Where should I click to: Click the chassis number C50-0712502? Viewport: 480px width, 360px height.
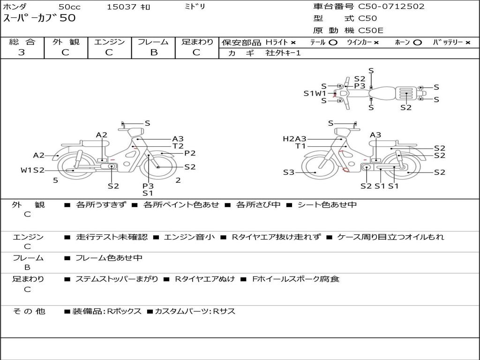pyautogui.click(x=391, y=7)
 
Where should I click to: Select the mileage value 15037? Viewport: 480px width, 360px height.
pyautogui.click(x=121, y=7)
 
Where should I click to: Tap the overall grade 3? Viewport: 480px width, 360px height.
pyautogui.click(x=22, y=52)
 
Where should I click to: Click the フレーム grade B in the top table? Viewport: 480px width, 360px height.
pyautogui.click(x=154, y=52)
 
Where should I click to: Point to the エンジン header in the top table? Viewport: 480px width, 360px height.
pyautogui.click(x=109, y=42)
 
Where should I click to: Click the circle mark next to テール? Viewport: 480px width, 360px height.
pyautogui.click(x=333, y=43)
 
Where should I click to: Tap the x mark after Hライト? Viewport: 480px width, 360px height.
pyautogui.click(x=293, y=43)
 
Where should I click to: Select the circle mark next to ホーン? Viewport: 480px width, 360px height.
pyautogui.click(x=417, y=43)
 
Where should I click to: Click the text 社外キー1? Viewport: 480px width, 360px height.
pyautogui.click(x=283, y=53)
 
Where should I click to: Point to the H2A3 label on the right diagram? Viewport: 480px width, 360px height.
pyautogui.click(x=294, y=139)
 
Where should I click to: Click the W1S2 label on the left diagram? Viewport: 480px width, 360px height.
pyautogui.click(x=32, y=170)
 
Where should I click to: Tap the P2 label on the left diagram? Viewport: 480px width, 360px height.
pyautogui.click(x=190, y=153)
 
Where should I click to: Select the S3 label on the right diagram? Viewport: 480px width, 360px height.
pyautogui.click(x=289, y=172)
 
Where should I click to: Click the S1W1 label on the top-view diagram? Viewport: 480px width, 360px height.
pyautogui.click(x=315, y=93)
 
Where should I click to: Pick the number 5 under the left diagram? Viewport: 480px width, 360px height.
pyautogui.click(x=55, y=180)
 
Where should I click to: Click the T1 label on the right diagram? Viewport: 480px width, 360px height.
pyautogui.click(x=300, y=146)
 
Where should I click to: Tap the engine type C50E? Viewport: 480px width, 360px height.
pyautogui.click(x=371, y=30)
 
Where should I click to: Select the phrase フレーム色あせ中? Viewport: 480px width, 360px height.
pyautogui.click(x=109, y=258)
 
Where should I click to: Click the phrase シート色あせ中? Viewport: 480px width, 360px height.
pyautogui.click(x=327, y=204)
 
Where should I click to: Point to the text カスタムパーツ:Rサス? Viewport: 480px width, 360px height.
pyautogui.click(x=195, y=311)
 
